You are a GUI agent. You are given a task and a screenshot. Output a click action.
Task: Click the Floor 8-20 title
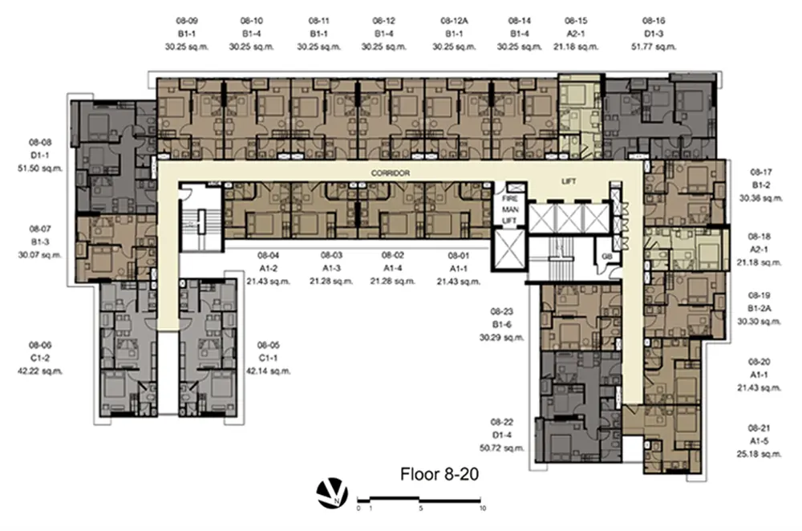point(439,474)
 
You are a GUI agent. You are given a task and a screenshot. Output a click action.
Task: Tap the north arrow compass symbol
point(332,493)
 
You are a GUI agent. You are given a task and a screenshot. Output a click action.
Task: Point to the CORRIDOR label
point(391,173)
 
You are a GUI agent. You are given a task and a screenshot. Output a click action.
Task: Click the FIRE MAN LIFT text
point(509,209)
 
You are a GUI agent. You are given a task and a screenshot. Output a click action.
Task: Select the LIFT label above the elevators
point(569,181)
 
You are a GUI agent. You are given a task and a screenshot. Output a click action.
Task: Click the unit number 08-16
point(654,21)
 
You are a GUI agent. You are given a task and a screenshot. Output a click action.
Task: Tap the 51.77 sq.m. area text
point(654,47)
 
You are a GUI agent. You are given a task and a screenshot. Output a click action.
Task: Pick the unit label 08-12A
point(454,21)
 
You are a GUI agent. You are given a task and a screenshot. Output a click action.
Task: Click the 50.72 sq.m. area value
point(502,448)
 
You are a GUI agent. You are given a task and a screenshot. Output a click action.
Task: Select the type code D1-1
point(40,156)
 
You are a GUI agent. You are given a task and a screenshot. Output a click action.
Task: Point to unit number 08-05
point(269,345)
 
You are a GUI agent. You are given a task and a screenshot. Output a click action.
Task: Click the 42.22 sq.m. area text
point(40,371)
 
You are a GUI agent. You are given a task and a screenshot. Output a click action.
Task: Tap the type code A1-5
point(759,441)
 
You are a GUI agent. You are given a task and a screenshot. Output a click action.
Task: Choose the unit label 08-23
point(502,311)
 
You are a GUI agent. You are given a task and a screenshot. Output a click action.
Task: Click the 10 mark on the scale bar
point(482,509)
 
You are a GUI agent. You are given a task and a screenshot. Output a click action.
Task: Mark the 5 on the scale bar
point(420,509)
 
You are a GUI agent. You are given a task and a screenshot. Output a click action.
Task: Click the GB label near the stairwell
point(607,257)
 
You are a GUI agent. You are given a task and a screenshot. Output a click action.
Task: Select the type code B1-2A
point(759,309)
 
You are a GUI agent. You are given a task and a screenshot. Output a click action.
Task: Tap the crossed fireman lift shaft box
point(509,249)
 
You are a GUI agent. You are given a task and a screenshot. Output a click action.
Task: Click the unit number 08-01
point(458,255)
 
